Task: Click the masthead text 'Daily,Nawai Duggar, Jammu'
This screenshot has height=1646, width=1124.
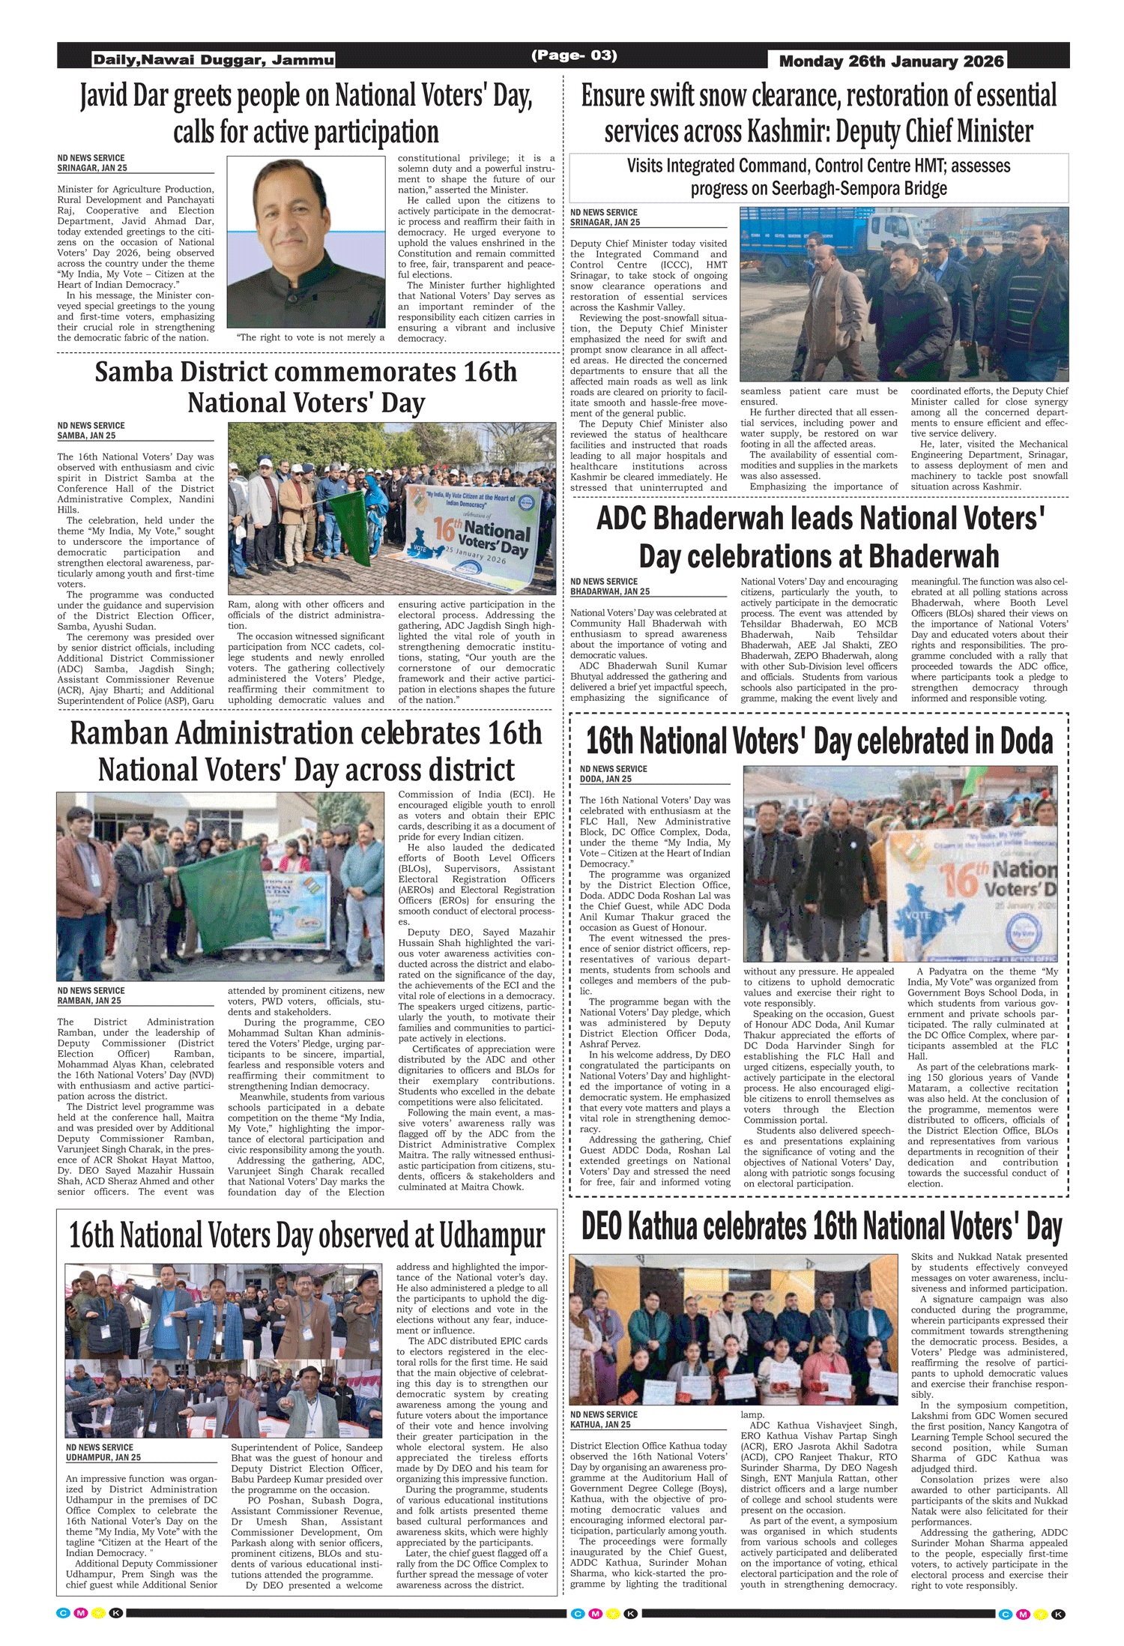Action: tap(214, 60)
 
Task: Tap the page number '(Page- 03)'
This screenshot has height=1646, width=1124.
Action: tap(574, 55)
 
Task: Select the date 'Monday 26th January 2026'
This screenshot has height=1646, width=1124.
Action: tap(891, 61)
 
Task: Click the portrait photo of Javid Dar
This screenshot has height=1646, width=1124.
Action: tap(306, 241)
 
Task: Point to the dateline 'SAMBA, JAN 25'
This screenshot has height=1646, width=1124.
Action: tap(86, 435)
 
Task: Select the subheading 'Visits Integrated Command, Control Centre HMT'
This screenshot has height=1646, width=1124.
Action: tap(818, 166)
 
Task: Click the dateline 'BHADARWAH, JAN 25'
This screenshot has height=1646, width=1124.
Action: tap(610, 591)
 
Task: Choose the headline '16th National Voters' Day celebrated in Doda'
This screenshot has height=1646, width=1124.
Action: tap(819, 741)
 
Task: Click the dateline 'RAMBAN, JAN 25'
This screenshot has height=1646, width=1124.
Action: tap(89, 1001)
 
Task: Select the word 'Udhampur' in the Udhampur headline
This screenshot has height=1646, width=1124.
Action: tap(492, 1236)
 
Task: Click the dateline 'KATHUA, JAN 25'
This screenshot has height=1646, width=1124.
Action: tap(600, 1424)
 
